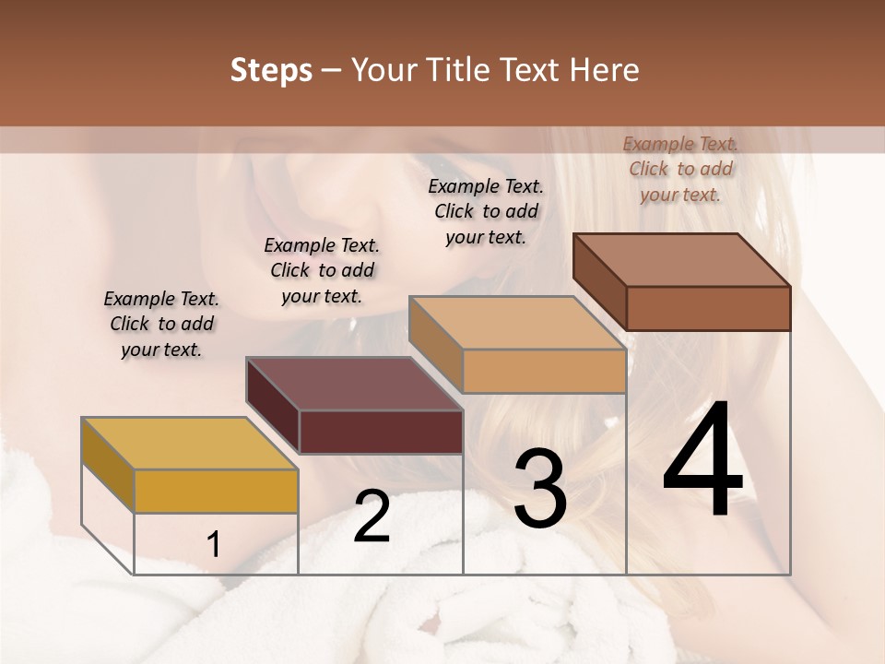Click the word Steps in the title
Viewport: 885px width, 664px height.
coord(271,70)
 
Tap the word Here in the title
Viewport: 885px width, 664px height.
coord(606,70)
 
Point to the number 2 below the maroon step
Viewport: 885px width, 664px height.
coord(372,516)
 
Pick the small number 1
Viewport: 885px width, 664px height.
coord(214,545)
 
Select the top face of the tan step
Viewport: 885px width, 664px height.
coord(517,323)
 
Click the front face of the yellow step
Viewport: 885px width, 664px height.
coord(216,491)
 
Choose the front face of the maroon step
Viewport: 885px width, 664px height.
coord(381,432)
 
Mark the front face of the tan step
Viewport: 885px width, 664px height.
coord(544,371)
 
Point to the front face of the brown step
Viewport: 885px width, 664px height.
coord(708,308)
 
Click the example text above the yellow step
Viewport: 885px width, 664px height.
coord(161,324)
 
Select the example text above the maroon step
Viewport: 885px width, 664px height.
coord(322,270)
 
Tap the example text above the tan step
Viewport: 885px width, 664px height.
coord(486,211)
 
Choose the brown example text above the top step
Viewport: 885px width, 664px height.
coord(680,169)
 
